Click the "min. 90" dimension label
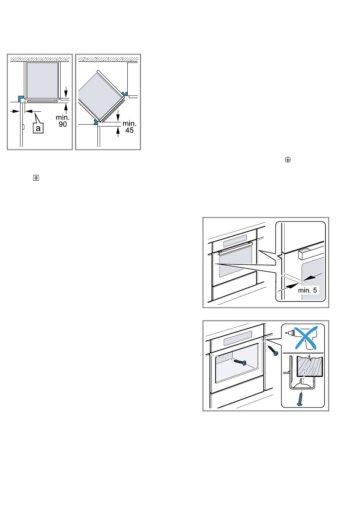click(x=63, y=120)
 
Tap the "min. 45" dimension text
click(x=129, y=127)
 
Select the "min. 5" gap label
click(x=307, y=290)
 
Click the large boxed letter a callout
click(x=38, y=128)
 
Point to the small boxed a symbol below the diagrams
click(x=36, y=178)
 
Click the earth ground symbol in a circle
click(x=288, y=159)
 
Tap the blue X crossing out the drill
click(x=306, y=338)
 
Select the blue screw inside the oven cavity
click(x=240, y=362)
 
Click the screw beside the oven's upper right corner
click(x=273, y=351)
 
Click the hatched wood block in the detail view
click(x=310, y=366)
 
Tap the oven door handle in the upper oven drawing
click(x=235, y=248)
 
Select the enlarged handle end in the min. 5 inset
click(x=304, y=254)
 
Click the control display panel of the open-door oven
click(x=238, y=338)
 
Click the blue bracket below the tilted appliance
click(x=95, y=122)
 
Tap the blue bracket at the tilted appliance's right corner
click(x=125, y=94)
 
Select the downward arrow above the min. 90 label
click(x=66, y=92)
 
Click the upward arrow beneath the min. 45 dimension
click(x=118, y=132)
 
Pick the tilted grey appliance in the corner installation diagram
click(x=101, y=96)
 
